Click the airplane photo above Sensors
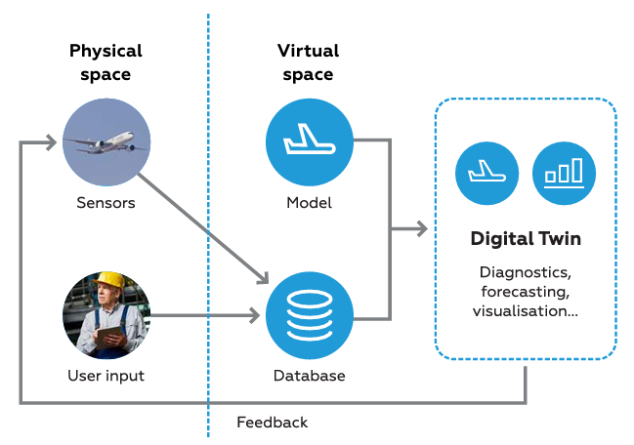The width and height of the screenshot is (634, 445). pyautogui.click(x=106, y=142)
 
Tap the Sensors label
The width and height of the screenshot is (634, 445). pyautogui.click(x=106, y=204)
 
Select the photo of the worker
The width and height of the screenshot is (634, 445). pyautogui.click(x=106, y=315)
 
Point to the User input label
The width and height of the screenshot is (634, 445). pyautogui.click(x=106, y=376)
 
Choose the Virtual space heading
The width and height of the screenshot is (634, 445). pyautogui.click(x=309, y=62)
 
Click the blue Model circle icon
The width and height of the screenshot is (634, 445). pyautogui.click(x=309, y=142)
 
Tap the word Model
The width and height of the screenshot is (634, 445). pyautogui.click(x=309, y=204)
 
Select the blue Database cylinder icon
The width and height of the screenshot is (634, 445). pyautogui.click(x=309, y=315)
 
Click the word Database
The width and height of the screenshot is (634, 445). pyautogui.click(x=309, y=376)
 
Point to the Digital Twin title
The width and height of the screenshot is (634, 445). pyautogui.click(x=526, y=239)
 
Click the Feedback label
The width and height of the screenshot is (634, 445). pyautogui.click(x=272, y=423)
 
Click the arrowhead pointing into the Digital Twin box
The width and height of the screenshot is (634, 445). pyautogui.click(x=421, y=229)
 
